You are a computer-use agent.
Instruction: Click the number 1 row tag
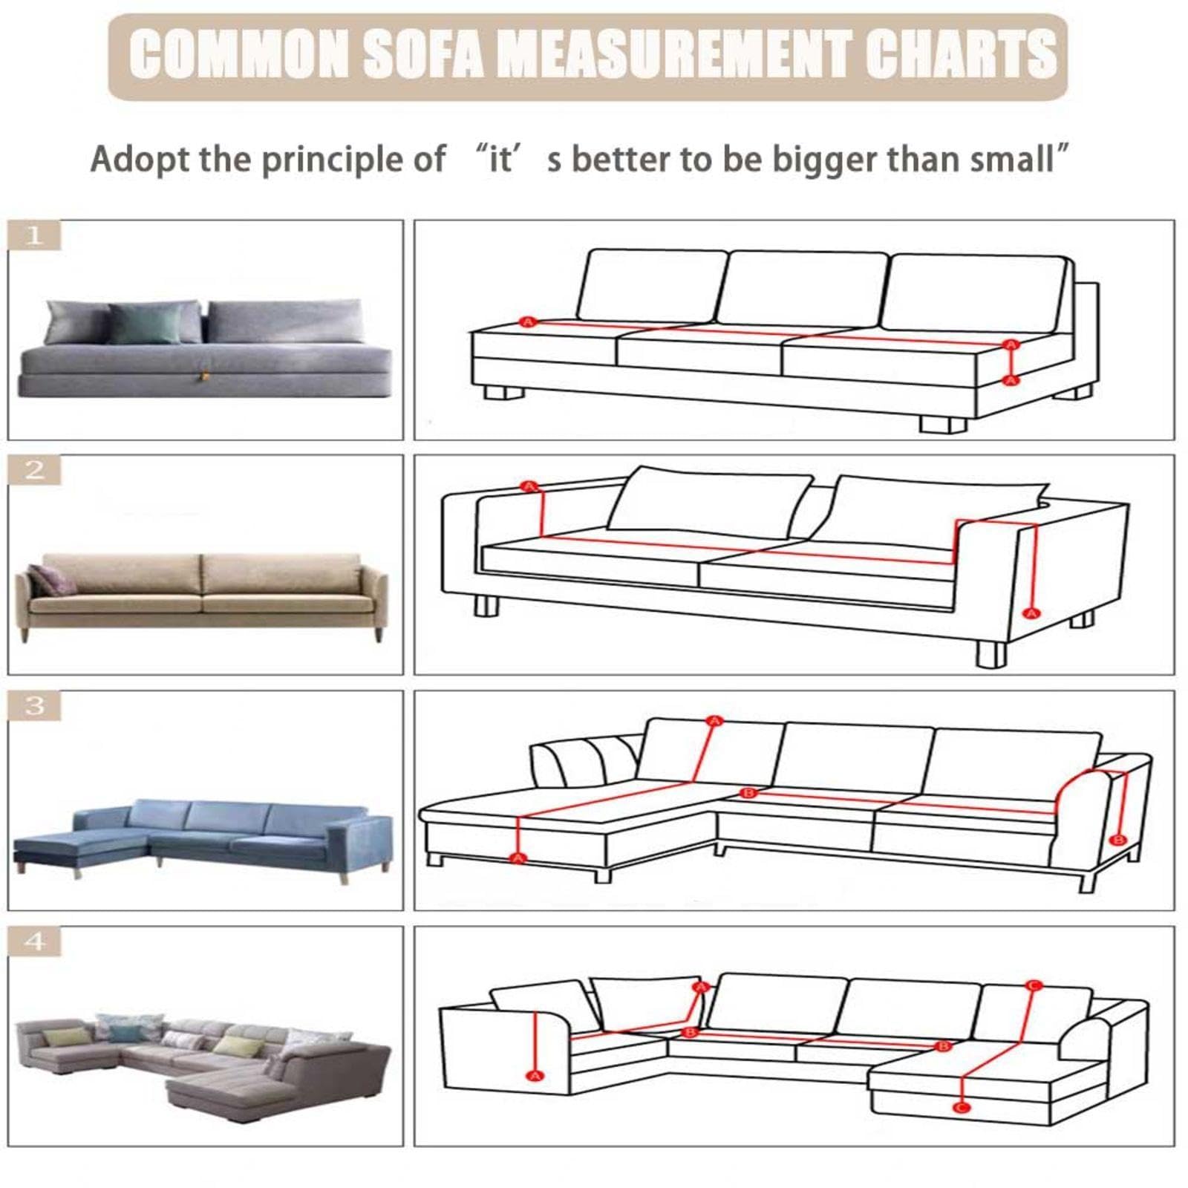tap(34, 235)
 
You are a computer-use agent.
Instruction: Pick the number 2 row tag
tap(34, 470)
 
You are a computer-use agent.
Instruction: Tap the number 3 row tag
tap(34, 705)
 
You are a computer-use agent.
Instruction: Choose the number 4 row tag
tap(34, 941)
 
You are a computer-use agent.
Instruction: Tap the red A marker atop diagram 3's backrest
tap(714, 721)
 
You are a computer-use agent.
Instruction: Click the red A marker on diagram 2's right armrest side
tap(1030, 613)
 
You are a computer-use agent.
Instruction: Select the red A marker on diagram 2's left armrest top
tap(529, 486)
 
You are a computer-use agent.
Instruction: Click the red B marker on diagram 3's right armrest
tap(1117, 840)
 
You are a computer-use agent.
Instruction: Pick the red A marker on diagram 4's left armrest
tap(534, 1076)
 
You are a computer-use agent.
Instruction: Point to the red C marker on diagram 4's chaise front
tap(962, 1108)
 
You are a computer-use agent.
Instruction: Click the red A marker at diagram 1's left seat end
tap(528, 322)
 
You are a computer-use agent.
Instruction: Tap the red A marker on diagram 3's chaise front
tap(518, 858)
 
